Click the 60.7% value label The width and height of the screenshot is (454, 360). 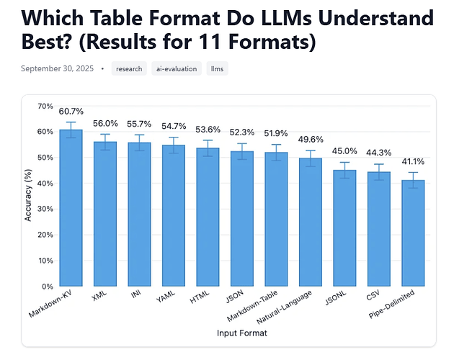[71, 112]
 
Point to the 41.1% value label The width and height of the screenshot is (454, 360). [413, 162]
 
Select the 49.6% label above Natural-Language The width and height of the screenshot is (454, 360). [311, 140]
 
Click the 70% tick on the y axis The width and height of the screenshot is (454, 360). [45, 107]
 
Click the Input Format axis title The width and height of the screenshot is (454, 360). [241, 333]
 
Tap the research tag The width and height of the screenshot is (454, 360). [129, 69]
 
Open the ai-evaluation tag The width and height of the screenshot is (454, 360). [176, 69]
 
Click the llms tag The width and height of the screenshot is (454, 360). [217, 69]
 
